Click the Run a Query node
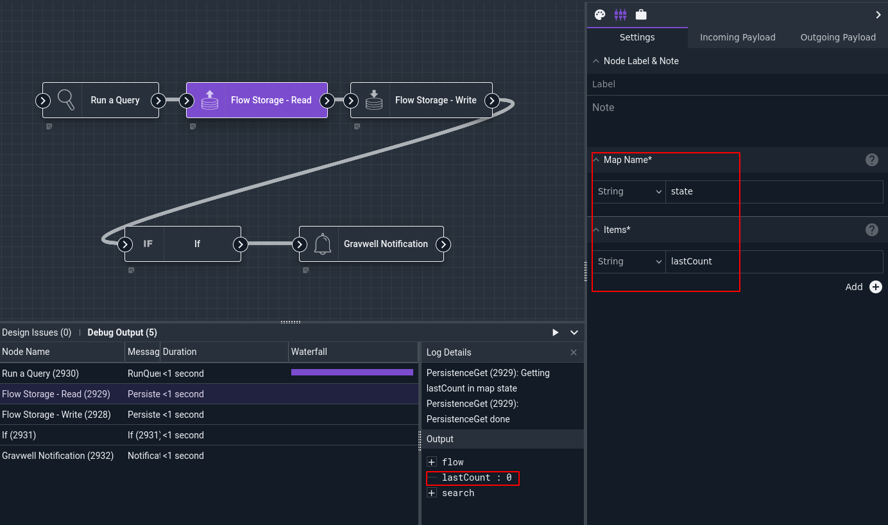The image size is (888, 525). [101, 100]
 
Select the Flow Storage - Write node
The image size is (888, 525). [422, 100]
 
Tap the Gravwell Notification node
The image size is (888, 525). [371, 244]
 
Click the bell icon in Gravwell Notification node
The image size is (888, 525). [323, 244]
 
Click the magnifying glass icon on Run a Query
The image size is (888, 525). [66, 100]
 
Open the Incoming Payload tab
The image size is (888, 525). [737, 37]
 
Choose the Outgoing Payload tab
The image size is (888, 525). [838, 37]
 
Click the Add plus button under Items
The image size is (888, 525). [876, 287]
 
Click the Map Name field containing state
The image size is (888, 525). [774, 191]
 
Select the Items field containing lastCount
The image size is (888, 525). [774, 261]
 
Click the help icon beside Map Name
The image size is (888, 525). [872, 160]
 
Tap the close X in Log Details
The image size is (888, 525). [573, 352]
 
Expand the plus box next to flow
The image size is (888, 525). [432, 462]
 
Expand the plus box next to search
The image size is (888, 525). [432, 493]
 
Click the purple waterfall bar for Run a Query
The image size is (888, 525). [352, 372]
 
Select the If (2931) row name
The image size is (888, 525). [19, 435]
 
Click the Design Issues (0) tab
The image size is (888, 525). [37, 332]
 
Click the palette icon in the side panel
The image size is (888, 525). [600, 15]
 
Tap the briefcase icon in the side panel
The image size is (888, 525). [641, 15]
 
